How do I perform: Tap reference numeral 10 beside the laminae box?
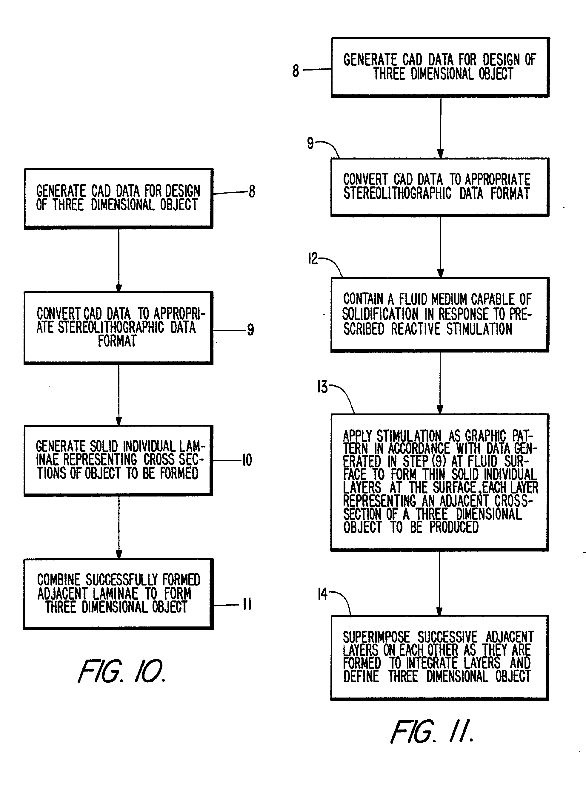(247, 460)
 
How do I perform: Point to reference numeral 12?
(313, 259)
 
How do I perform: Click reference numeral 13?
(322, 387)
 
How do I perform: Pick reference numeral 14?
(322, 594)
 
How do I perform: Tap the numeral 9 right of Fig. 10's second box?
(250, 330)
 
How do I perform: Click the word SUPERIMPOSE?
(376, 637)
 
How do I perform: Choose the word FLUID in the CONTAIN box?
(413, 300)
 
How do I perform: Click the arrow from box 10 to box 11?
(119, 527)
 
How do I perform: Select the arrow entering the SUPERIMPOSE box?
(439, 584)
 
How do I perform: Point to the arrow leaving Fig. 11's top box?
(441, 128)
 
